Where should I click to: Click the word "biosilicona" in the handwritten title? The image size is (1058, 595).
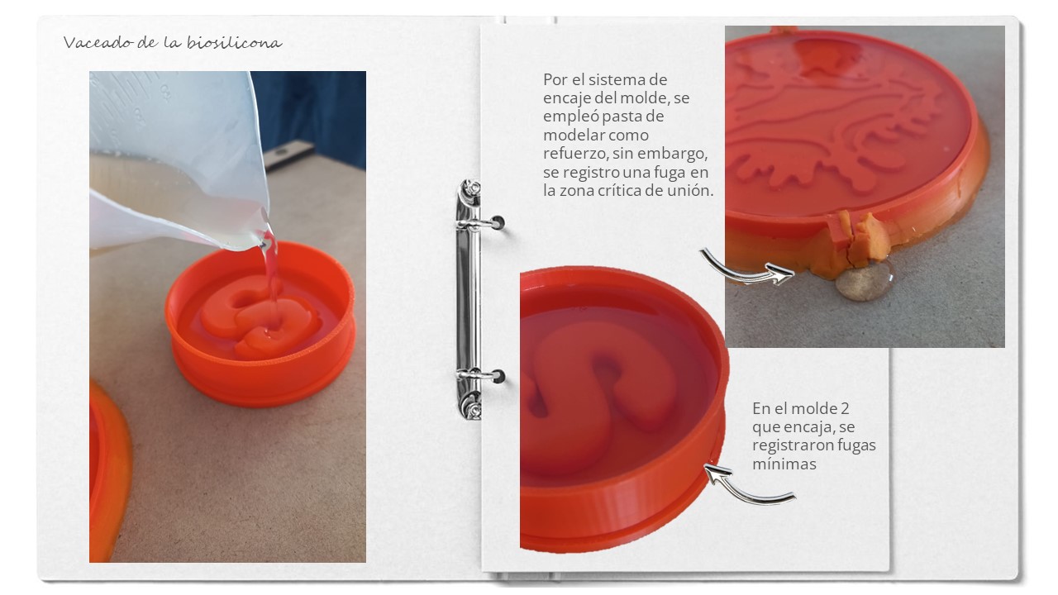point(234,42)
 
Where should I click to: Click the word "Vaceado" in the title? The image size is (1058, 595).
point(98,42)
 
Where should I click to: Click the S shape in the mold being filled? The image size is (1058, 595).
point(260,317)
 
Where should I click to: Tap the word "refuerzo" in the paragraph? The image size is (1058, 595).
point(574,154)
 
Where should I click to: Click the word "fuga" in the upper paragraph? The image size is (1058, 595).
point(669,173)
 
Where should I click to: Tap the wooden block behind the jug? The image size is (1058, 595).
point(288,154)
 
